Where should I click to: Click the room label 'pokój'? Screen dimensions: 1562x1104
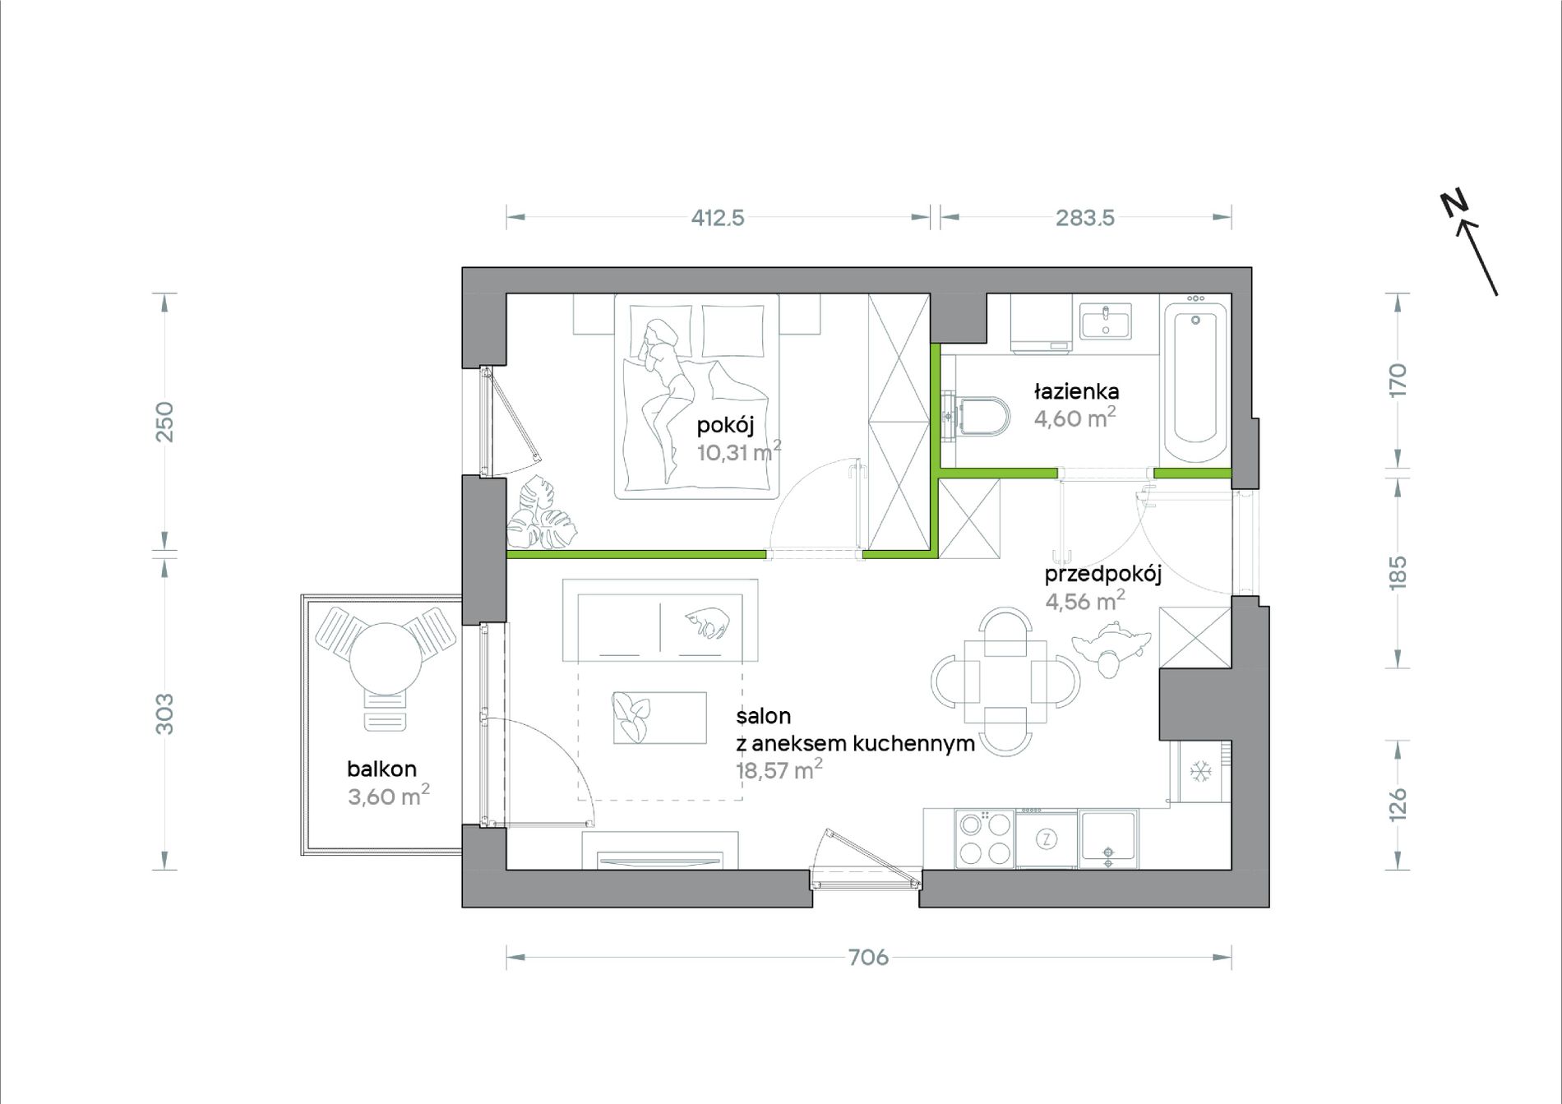(x=725, y=426)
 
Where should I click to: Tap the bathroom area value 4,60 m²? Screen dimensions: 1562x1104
(x=1074, y=418)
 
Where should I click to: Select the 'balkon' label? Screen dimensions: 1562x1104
(x=381, y=769)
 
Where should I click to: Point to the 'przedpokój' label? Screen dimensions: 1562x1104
(x=1102, y=574)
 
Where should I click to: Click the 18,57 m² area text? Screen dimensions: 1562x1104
(x=779, y=770)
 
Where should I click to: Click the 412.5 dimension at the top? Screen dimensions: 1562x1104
(x=718, y=218)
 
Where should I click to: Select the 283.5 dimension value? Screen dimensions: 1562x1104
(x=1085, y=218)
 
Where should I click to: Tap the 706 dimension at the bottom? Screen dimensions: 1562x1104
(x=868, y=957)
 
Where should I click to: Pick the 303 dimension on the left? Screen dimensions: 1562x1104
(x=165, y=714)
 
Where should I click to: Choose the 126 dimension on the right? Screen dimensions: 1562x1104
(x=1398, y=805)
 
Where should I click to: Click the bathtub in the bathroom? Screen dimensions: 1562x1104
(x=1195, y=383)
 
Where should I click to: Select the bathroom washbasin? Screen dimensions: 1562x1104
(x=1106, y=321)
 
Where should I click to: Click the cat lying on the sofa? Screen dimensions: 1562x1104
(x=707, y=621)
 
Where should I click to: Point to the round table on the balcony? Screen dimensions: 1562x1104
(x=386, y=658)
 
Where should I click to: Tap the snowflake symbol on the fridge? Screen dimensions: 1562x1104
(x=1201, y=771)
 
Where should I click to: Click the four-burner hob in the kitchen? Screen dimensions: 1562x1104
(x=985, y=838)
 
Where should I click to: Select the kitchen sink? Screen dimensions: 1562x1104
(x=1108, y=839)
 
